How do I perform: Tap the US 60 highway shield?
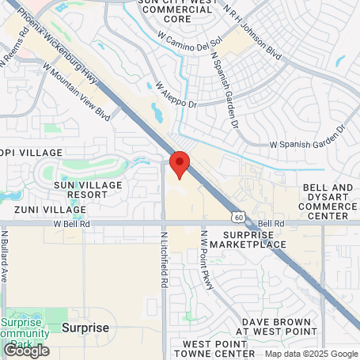[x=237, y=216]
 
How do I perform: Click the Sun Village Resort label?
[x=81, y=189]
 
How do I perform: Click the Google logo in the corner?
[x=25, y=349]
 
